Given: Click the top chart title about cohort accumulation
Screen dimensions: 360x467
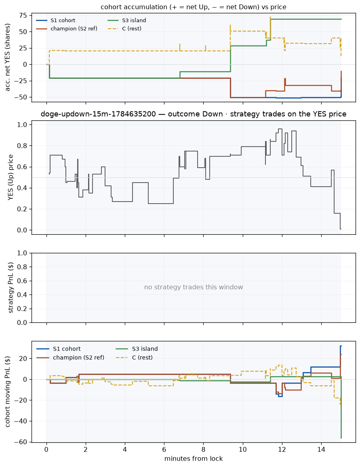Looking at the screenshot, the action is pos(194,7).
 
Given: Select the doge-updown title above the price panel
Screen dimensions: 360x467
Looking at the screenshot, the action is pos(194,114).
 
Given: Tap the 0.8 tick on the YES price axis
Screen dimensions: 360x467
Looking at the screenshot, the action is pos(23,146).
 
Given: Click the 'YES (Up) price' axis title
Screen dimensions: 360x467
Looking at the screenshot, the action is pos(11,177).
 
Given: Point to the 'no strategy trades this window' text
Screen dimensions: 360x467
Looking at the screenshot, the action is pos(194,287).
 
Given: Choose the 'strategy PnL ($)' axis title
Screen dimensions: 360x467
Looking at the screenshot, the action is pos(11,288).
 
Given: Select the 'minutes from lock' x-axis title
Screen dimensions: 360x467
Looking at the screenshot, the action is pos(194,459).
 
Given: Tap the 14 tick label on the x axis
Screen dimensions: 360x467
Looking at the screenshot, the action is pos(321,449).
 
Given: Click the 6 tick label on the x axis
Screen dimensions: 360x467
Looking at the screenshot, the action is pos(164,449).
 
